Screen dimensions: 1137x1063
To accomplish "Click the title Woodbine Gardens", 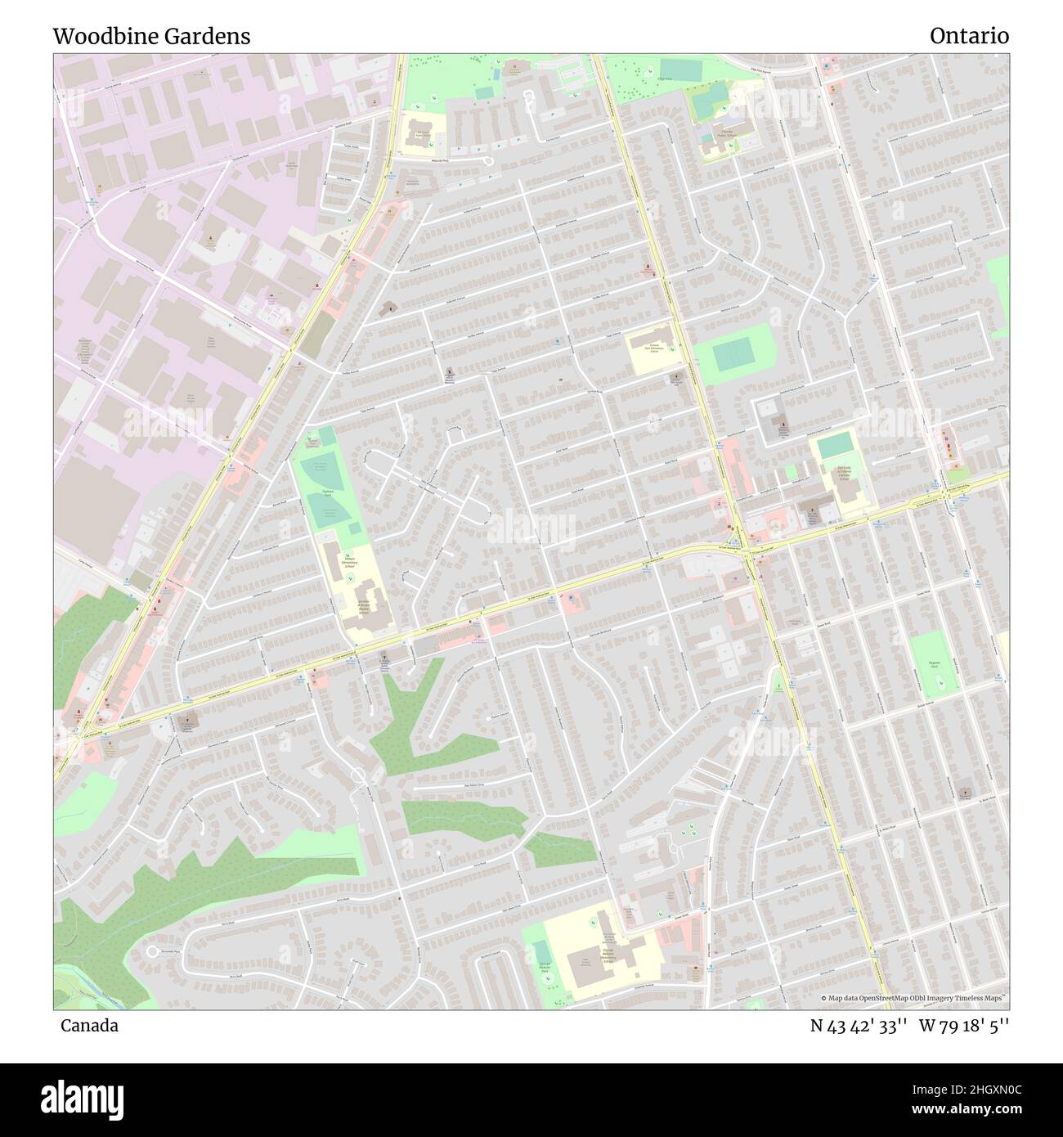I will click(x=151, y=37).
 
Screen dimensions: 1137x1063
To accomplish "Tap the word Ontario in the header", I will click(x=969, y=37).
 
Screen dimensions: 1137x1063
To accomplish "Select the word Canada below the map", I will click(x=88, y=1026).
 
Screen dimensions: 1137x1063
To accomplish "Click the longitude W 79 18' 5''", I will click(x=964, y=1026).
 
